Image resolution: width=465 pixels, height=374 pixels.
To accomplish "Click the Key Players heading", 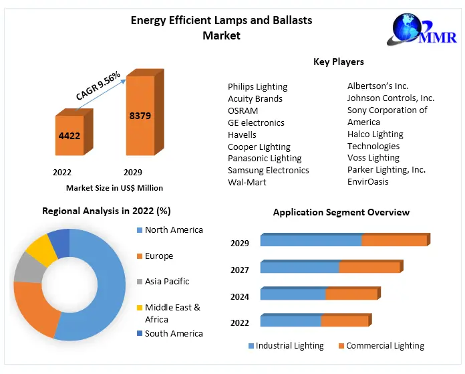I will pos(339,62).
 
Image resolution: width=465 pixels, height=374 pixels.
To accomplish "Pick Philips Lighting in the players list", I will pos(257,86).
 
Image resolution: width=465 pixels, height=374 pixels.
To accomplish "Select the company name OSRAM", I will pos(243,110).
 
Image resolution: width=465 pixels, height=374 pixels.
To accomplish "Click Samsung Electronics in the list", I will pos(268,170).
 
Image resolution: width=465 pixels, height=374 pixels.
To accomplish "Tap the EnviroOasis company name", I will pos(367,181).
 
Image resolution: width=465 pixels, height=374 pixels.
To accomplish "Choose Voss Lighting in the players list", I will pos(373,158).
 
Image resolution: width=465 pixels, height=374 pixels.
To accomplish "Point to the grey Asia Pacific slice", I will pos(27,268).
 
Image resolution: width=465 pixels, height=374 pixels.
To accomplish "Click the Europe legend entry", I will pos(158,256).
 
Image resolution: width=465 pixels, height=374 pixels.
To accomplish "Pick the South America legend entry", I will pos(173,333).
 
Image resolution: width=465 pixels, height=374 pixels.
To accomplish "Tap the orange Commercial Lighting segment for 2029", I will pos(394,241).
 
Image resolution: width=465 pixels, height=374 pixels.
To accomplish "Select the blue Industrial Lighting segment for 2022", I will pos(290,321).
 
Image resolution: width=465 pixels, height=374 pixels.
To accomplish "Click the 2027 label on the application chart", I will pos(240,270).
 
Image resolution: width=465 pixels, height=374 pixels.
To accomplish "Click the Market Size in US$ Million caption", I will pos(114,188).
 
